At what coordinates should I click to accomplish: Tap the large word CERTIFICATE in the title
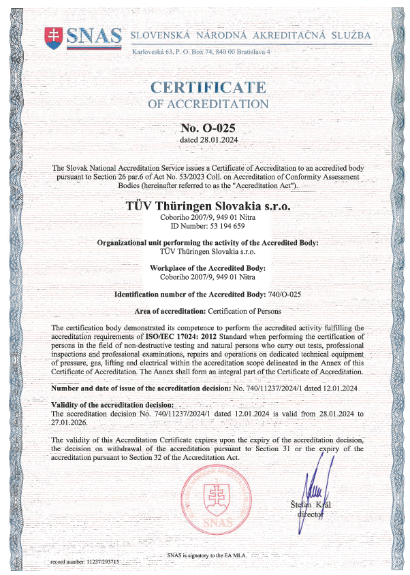[x=208, y=87]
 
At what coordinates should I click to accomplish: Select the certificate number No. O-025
[x=208, y=127]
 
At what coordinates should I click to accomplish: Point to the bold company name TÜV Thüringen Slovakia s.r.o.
[x=208, y=205]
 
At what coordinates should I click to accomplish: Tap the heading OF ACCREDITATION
[x=208, y=104]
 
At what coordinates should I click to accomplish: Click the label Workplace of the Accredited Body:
[x=208, y=268]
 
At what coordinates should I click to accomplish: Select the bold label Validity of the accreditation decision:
[x=114, y=405]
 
